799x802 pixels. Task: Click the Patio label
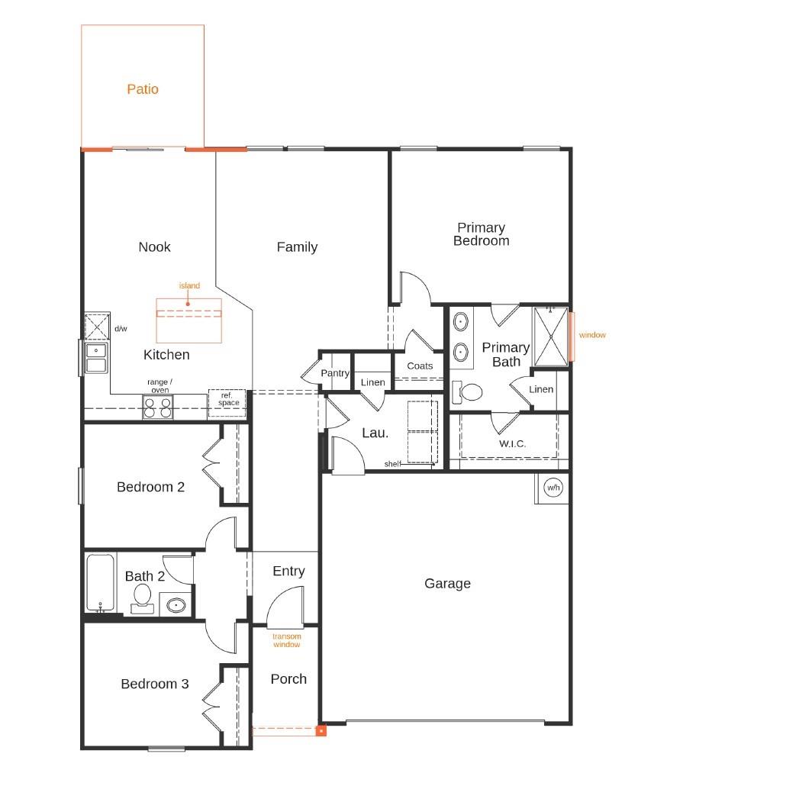click(x=143, y=89)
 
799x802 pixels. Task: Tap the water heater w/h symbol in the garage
click(x=553, y=488)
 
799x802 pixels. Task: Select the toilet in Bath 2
click(x=142, y=597)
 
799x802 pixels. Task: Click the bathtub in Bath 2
click(x=100, y=582)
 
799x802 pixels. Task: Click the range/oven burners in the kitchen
click(x=158, y=407)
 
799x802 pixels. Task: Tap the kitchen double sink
click(x=96, y=357)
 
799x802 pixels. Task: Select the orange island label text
click(x=189, y=286)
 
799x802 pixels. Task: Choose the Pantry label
click(x=335, y=373)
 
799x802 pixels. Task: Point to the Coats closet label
click(x=420, y=366)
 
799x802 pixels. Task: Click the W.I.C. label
click(x=512, y=443)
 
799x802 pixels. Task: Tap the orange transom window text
click(x=287, y=640)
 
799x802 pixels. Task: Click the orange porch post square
click(x=321, y=730)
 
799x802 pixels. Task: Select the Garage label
click(x=447, y=584)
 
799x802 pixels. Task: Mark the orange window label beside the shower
click(x=592, y=335)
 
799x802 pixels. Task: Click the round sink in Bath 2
click(x=176, y=605)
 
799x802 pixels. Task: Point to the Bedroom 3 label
click(x=155, y=684)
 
